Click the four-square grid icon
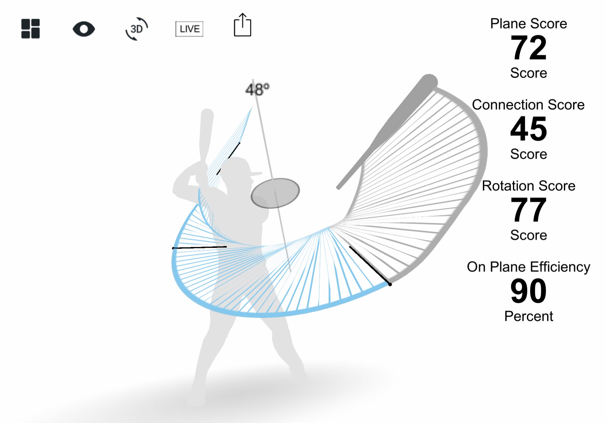(30, 29)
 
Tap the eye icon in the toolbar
(84, 29)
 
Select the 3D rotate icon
(137, 29)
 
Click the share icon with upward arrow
(242, 25)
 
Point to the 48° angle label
(257, 89)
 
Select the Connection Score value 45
(528, 129)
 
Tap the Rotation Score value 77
(528, 210)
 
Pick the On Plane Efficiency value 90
(528, 291)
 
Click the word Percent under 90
(528, 316)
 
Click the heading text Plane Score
(528, 24)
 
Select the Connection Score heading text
(528, 105)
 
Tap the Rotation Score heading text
(528, 186)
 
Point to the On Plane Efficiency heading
(528, 267)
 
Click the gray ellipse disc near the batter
(275, 193)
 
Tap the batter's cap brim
(256, 174)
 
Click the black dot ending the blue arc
(390, 284)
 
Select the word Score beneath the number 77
(528, 235)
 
